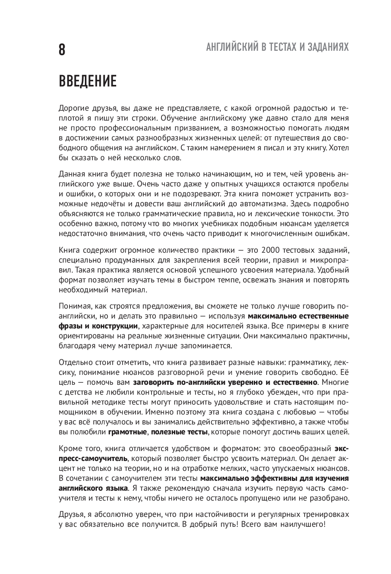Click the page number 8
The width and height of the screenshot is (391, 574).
[62, 50]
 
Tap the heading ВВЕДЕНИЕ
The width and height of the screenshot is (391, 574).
[88, 81]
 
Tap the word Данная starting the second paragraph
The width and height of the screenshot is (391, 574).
[70, 175]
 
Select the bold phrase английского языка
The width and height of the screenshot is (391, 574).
[93, 488]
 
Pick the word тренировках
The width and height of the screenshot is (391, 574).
[324, 514]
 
